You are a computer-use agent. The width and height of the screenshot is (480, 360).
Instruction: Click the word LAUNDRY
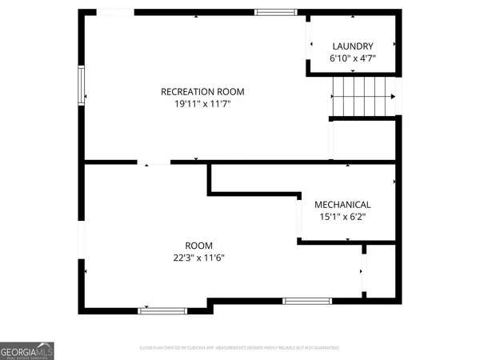point(352,46)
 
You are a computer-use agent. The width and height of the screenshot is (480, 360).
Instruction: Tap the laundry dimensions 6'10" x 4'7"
point(352,58)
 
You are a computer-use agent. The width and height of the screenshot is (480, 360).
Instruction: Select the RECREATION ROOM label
point(202,91)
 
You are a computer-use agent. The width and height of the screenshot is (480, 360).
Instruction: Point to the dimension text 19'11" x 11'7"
point(202,103)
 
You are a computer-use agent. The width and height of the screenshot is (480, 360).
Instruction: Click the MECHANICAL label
point(342,204)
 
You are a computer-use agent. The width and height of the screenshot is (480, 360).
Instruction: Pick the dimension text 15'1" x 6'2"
point(342,216)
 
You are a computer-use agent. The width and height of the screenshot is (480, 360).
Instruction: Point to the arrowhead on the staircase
point(392,96)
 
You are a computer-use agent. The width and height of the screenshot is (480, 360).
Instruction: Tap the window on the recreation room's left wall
point(81,85)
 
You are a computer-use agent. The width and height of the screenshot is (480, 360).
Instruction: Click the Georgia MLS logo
point(27,350)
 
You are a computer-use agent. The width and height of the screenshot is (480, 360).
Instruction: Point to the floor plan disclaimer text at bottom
point(240,348)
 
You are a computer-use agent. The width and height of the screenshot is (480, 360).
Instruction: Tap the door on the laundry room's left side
point(309,48)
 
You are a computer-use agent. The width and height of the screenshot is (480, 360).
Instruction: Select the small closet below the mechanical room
point(380,272)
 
